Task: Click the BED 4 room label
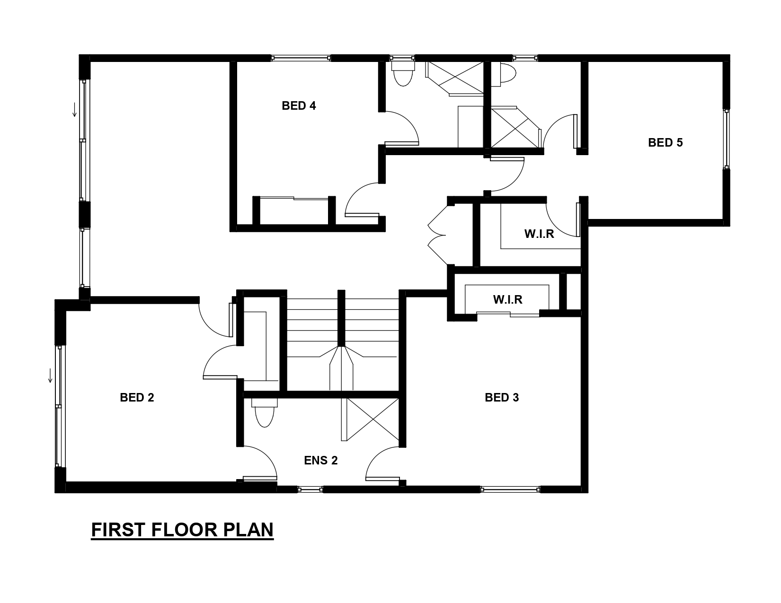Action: pyautogui.click(x=299, y=105)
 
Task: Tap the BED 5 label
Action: pyautogui.click(x=665, y=142)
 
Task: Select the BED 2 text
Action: pyautogui.click(x=137, y=397)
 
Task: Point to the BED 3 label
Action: pyautogui.click(x=502, y=397)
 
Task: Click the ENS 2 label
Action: pyautogui.click(x=321, y=460)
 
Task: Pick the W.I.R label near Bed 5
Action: pyautogui.click(x=539, y=234)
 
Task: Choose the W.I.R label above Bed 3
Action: pyautogui.click(x=507, y=299)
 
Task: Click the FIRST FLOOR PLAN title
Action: pyautogui.click(x=182, y=530)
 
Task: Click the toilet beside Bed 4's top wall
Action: pyautogui.click(x=403, y=72)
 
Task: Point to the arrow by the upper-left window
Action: pyautogui.click(x=74, y=109)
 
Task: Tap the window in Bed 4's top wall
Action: pyautogui.click(x=301, y=58)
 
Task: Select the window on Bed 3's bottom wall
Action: pyautogui.click(x=510, y=489)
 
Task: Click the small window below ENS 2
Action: pyautogui.click(x=310, y=489)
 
